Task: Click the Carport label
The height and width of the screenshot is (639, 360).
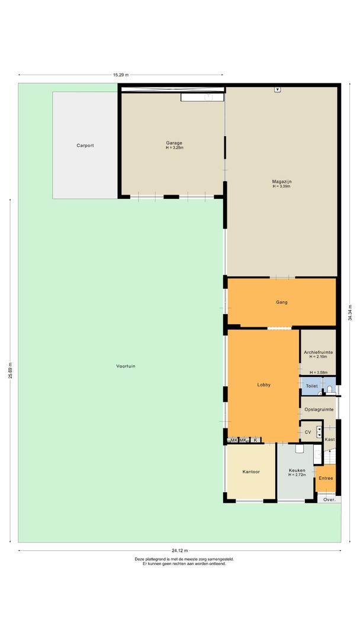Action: [x=85, y=145]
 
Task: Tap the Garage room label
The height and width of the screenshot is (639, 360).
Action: [x=174, y=143]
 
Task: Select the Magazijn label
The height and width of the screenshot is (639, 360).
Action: [x=281, y=181]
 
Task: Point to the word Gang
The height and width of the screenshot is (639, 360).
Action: [x=282, y=302]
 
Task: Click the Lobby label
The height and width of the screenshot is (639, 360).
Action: [x=263, y=385]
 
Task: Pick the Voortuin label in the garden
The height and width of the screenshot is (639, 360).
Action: [x=126, y=366]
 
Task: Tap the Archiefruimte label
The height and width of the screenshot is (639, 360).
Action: [x=318, y=353]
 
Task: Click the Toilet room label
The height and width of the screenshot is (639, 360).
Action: [x=311, y=386]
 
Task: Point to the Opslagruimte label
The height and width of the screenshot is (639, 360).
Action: [x=319, y=409]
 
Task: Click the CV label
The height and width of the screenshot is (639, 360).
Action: [x=308, y=433]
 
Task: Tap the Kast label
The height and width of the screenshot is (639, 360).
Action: [x=330, y=440]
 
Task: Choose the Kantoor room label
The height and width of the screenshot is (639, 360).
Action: [x=251, y=472]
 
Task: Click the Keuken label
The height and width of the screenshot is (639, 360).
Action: [x=297, y=470]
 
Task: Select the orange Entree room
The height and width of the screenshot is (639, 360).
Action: [x=326, y=478]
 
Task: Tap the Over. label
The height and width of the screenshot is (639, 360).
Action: [x=330, y=499]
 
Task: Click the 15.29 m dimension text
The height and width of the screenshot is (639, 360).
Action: [x=121, y=75]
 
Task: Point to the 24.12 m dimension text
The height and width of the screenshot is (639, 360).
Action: [x=180, y=550]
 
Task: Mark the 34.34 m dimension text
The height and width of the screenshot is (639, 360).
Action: [x=351, y=311]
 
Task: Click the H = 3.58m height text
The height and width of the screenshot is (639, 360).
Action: [x=318, y=372]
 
